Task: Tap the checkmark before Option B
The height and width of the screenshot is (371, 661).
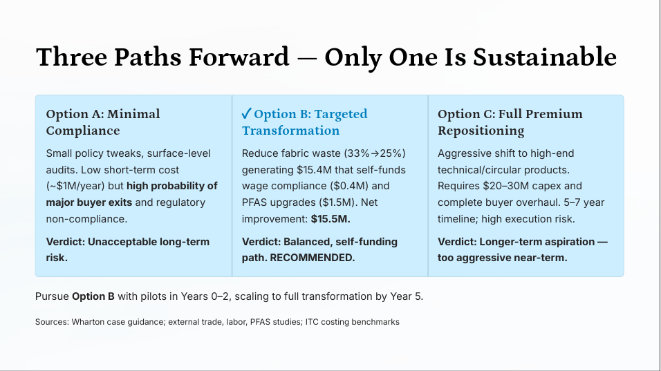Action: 245,114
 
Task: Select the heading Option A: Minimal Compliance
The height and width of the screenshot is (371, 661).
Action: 103,122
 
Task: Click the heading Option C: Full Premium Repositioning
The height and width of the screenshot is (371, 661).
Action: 510,122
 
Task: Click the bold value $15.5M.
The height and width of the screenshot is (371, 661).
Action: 331,218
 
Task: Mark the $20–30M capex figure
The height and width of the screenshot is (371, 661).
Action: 512,186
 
